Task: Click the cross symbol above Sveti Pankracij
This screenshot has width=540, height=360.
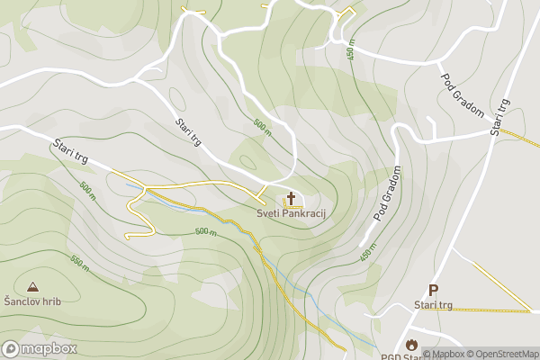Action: pyautogui.click(x=291, y=199)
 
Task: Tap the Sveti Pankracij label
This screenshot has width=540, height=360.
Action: pyautogui.click(x=291, y=214)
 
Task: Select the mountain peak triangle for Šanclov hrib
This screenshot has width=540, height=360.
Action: pyautogui.click(x=32, y=286)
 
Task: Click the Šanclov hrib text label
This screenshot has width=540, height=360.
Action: pyautogui.click(x=32, y=301)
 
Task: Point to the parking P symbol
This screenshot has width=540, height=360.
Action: pyautogui.click(x=433, y=290)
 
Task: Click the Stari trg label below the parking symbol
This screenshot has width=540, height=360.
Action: pyautogui.click(x=433, y=305)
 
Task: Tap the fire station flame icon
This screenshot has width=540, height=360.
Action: pyautogui.click(x=412, y=344)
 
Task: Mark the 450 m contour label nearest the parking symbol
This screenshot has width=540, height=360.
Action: pyautogui.click(x=367, y=252)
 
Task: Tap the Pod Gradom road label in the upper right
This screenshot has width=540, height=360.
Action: pyautogui.click(x=463, y=94)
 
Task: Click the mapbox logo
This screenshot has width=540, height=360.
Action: pyautogui.click(x=40, y=348)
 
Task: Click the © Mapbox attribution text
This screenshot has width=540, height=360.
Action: pyautogui.click(x=445, y=354)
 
